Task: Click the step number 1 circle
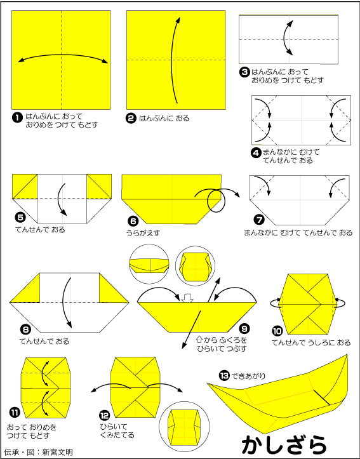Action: [17, 117]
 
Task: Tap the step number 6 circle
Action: [133, 222]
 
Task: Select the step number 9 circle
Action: [244, 329]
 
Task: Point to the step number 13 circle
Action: [224, 375]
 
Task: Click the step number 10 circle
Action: [277, 331]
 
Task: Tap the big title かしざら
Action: [284, 445]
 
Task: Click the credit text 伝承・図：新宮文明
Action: [38, 452]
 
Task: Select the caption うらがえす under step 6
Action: [143, 233]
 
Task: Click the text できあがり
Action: [248, 376]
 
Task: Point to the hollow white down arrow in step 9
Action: [187, 298]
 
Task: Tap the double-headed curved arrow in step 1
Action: [63, 55]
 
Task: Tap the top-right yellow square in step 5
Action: [99, 186]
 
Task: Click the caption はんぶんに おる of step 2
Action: [164, 118]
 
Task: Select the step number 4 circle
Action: [256, 152]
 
